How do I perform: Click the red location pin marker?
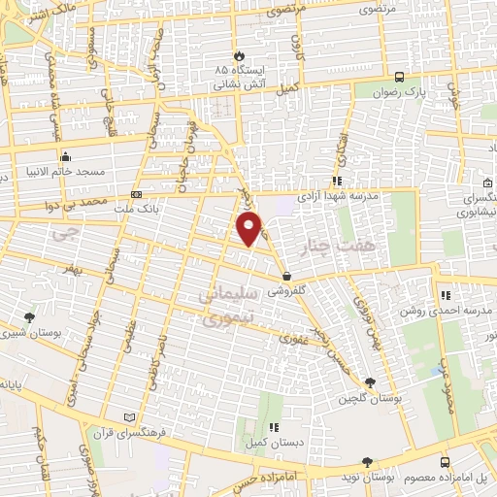pos(249,228)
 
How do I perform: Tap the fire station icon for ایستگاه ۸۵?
pos(240,56)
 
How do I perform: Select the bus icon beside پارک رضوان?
pos(399,77)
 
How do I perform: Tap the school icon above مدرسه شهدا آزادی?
pos(336,181)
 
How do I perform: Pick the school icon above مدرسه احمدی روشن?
pos(445,295)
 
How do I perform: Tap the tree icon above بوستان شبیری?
pos(29,317)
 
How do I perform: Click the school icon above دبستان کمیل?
pos(274,427)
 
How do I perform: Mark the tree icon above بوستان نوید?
pos(366,463)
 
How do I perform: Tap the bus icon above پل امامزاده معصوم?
pos(445,462)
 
